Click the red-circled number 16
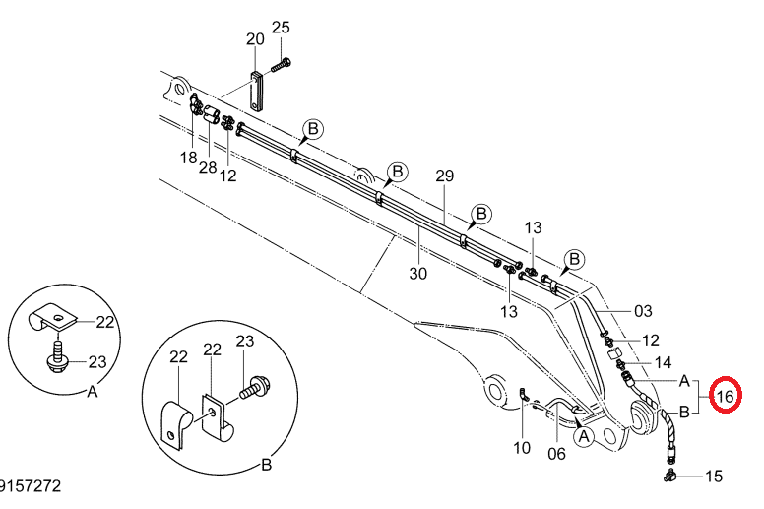(x=725, y=396)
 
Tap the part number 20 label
(x=255, y=39)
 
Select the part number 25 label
(x=281, y=28)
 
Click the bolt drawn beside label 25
(x=281, y=65)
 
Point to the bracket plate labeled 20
(x=256, y=92)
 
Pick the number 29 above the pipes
(x=444, y=176)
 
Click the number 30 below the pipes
(x=418, y=274)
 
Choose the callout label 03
(x=643, y=311)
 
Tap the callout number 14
(x=663, y=363)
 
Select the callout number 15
(x=714, y=477)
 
